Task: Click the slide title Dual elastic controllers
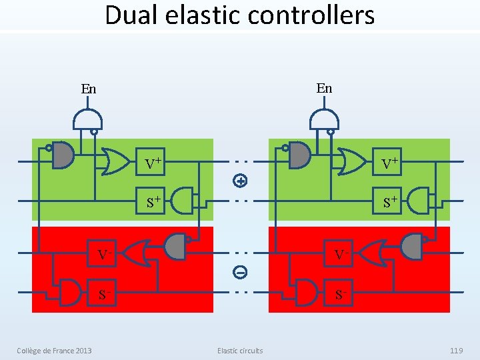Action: point(240,15)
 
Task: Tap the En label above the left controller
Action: point(88,89)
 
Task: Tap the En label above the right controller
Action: point(324,88)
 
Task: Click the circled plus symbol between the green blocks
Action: point(241,180)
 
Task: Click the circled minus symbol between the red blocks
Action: point(241,272)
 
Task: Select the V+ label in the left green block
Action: point(154,162)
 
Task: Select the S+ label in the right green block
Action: point(390,200)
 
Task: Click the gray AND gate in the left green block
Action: point(63,155)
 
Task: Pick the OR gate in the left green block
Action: point(114,161)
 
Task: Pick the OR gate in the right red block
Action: point(371,253)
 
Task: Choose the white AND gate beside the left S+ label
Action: point(181,199)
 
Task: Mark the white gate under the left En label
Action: point(87,119)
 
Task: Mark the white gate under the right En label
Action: point(324,119)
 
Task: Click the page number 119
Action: point(456,351)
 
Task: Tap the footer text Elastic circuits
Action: point(240,351)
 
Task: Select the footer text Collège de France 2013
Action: point(55,351)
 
